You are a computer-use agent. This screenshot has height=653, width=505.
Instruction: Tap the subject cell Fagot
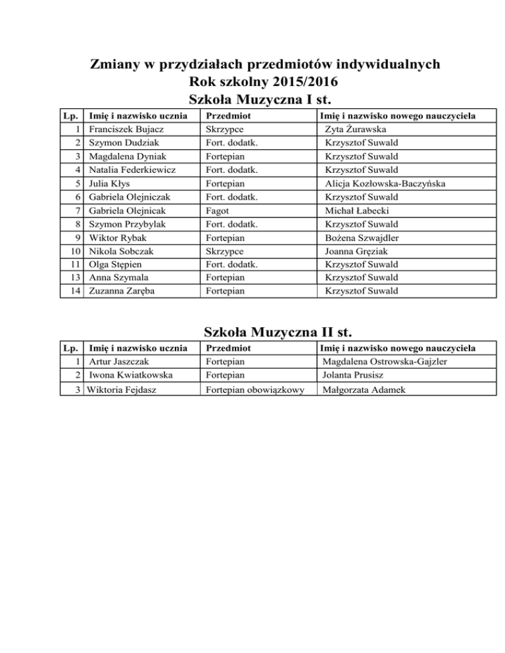tap(216, 210)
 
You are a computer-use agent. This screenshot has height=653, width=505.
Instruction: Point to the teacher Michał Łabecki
tap(358, 210)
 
